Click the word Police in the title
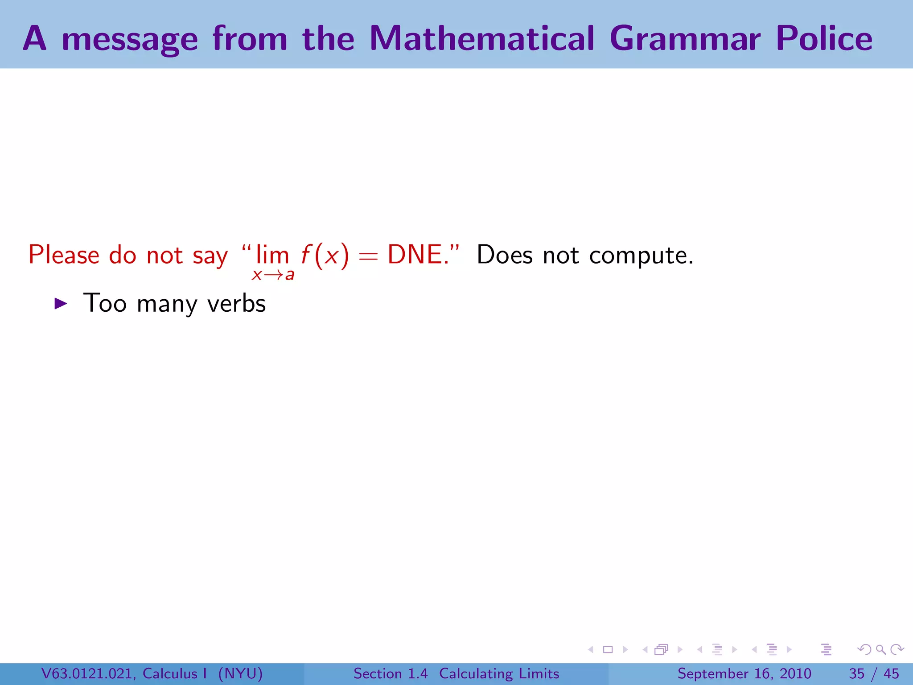824,38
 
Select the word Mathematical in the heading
481,38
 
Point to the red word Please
64,255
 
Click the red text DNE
417,255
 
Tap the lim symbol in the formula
272,255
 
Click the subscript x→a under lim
273,275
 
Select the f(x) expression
325,256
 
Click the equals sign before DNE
368,257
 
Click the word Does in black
504,255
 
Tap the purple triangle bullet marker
60,304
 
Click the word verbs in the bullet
236,304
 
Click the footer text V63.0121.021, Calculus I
123,673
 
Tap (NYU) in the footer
240,673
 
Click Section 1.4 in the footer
391,673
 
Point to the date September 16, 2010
744,673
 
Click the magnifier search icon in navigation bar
880,650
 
